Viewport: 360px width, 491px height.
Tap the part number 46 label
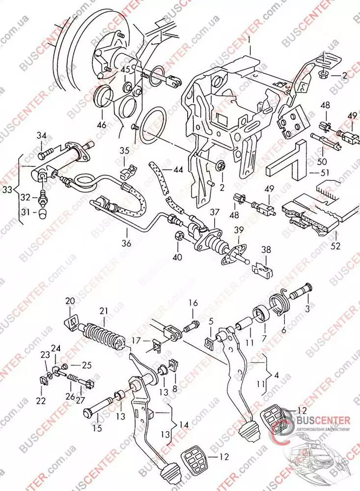pos(101,125)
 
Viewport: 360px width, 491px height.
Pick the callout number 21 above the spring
pos(103,311)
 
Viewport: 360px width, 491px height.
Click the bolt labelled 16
pos(191,325)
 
